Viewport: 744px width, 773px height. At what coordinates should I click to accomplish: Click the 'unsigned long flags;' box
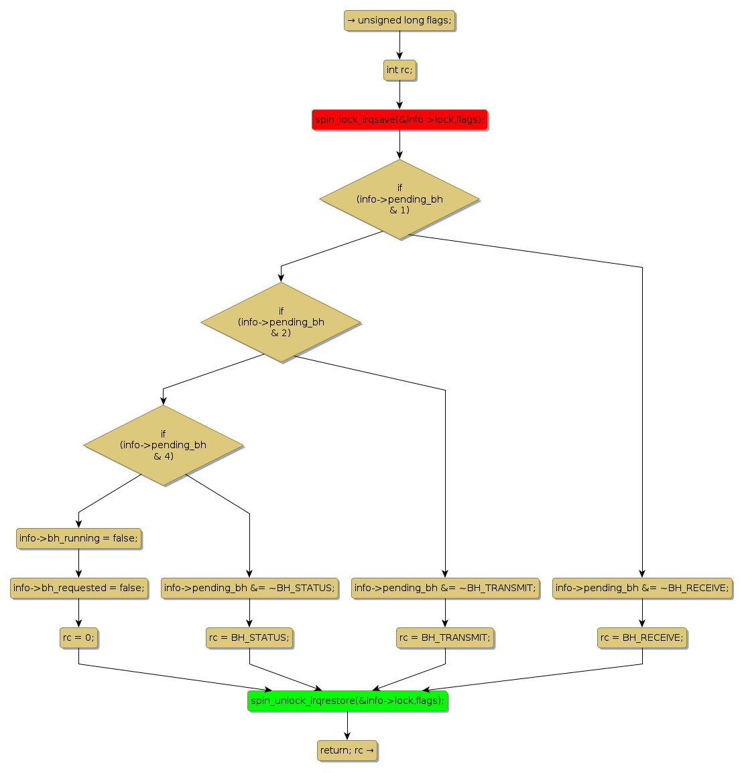coord(399,20)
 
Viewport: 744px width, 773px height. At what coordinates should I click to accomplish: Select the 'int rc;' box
coord(399,70)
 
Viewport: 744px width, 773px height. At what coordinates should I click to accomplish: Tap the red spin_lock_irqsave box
coord(399,119)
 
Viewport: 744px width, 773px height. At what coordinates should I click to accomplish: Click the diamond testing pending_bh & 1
coord(399,199)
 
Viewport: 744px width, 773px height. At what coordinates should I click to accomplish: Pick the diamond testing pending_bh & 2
coord(281,322)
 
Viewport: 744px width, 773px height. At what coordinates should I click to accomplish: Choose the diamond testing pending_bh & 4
coord(163,445)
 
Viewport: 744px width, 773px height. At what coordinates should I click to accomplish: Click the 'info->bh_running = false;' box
coord(78,538)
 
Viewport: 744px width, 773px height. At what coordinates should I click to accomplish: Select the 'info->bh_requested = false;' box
coord(78,588)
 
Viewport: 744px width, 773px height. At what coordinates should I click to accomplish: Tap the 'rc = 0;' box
coord(78,637)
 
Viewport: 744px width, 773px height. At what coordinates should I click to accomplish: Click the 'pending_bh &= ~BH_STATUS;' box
coord(249,588)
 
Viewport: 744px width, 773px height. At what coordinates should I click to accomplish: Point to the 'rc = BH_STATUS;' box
coord(249,637)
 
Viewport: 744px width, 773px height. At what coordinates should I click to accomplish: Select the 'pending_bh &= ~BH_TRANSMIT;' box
coord(445,588)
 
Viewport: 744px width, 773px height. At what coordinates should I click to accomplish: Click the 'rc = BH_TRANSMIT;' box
coord(445,637)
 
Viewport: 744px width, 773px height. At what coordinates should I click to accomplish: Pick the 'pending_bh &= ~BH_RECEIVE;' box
coord(642,588)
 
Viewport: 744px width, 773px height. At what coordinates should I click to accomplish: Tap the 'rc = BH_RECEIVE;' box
coord(642,637)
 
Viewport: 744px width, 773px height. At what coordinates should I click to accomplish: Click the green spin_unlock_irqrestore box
coord(347,701)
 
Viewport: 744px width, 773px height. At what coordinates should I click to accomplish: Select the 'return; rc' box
coord(347,750)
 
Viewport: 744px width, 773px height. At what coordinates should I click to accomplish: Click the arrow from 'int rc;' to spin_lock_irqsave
coord(399,95)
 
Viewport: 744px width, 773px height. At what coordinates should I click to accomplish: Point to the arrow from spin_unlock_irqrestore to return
coord(347,725)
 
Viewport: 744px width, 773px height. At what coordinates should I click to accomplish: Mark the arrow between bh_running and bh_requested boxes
coord(78,563)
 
